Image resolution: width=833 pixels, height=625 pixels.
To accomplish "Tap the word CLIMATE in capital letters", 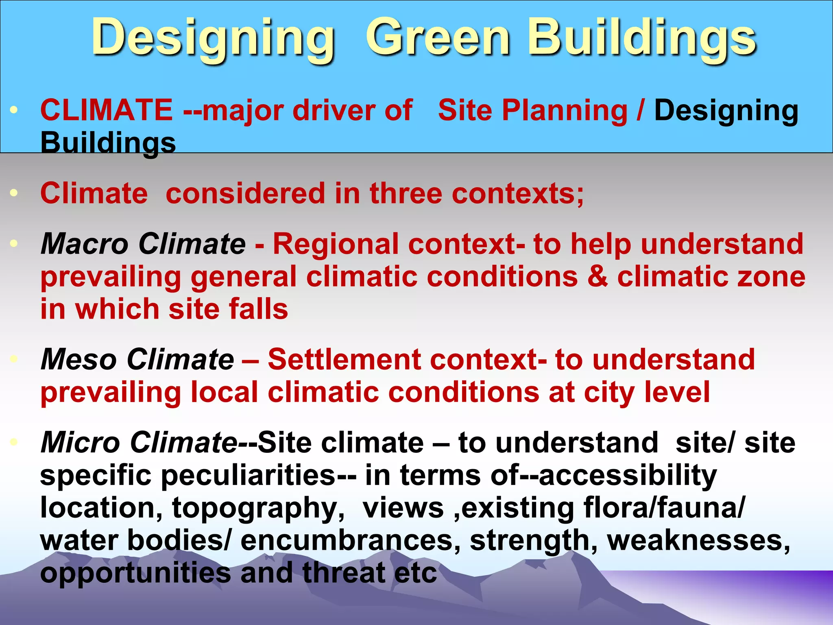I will point(107,110).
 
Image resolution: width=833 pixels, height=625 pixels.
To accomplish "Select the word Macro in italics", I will point(85,244).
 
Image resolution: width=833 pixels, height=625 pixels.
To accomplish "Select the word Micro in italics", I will point(81,443).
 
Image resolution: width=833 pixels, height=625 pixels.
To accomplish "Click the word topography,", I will point(259,509).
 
